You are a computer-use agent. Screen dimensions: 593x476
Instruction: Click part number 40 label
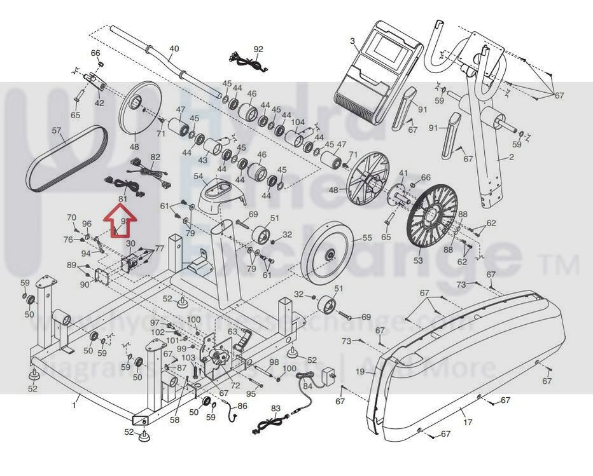pyautogui.click(x=174, y=49)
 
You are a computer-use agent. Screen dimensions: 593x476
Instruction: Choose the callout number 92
pyautogui.click(x=258, y=49)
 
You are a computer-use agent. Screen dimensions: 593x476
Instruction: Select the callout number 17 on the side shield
pyautogui.click(x=468, y=421)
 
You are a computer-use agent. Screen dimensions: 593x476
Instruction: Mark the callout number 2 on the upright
pyautogui.click(x=510, y=157)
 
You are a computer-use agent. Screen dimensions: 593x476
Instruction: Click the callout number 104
pyautogui.click(x=297, y=122)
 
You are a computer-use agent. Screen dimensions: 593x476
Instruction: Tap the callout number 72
pyautogui.click(x=235, y=385)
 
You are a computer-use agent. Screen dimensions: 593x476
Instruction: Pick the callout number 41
pyautogui.click(x=403, y=173)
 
